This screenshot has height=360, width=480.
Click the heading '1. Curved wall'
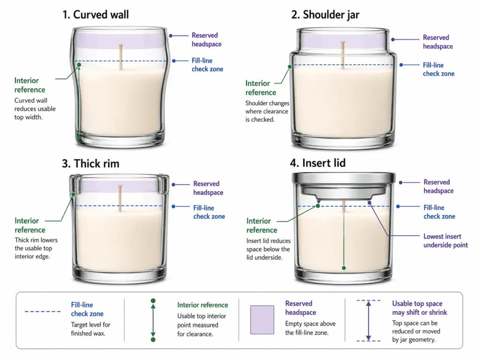(95, 15)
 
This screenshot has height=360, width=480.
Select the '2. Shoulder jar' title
(325, 15)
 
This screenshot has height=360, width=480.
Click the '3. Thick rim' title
(90, 163)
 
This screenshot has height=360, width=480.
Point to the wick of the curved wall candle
(120, 56)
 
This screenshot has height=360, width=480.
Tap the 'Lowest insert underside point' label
(445, 240)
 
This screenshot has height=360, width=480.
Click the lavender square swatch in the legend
(262, 320)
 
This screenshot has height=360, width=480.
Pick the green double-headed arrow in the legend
(153, 320)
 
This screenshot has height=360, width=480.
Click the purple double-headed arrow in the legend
(368, 321)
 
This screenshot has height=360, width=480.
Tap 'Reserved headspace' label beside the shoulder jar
(437, 42)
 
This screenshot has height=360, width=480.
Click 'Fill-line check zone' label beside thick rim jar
(209, 212)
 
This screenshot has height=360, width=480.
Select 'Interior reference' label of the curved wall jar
(30, 85)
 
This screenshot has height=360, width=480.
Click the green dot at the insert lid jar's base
(344, 268)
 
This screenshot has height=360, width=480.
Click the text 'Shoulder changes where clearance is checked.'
(267, 111)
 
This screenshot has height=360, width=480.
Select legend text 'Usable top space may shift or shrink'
(420, 308)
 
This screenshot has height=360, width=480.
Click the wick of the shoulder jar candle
(343, 55)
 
